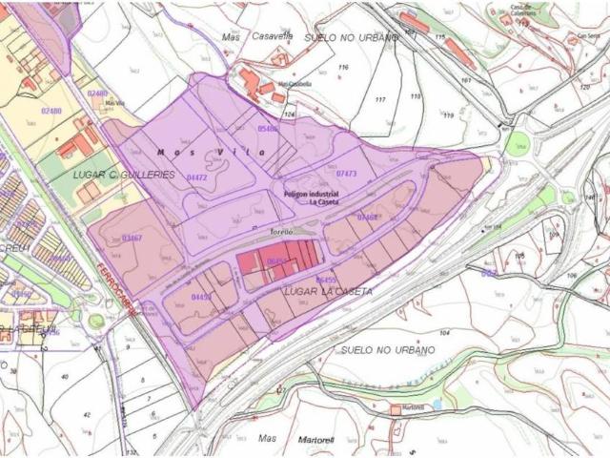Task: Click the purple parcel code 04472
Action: coord(197,177)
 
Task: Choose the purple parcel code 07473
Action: coord(346,175)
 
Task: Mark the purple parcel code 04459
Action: coord(201,297)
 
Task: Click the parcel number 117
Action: coord(380,100)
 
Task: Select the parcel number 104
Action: coord(444,333)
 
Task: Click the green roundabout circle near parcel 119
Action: coord(518,145)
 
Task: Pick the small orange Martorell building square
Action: coord(395,409)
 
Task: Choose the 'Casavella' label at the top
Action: coord(272,34)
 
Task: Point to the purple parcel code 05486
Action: coord(268,128)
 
